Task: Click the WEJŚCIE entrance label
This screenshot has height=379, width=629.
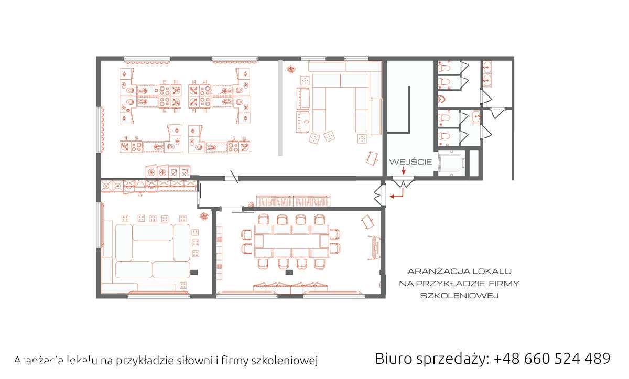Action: click(x=410, y=162)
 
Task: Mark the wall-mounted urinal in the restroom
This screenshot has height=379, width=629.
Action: click(x=441, y=99)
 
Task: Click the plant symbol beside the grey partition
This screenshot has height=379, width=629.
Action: click(x=290, y=68)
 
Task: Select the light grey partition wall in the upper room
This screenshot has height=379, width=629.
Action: click(x=280, y=108)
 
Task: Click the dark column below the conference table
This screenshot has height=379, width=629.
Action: click(x=287, y=273)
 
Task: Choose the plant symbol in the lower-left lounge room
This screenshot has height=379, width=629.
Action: click(x=203, y=216)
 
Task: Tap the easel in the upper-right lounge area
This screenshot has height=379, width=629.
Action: click(x=372, y=157)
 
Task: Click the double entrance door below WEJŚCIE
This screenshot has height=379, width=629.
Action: click(x=403, y=182)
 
